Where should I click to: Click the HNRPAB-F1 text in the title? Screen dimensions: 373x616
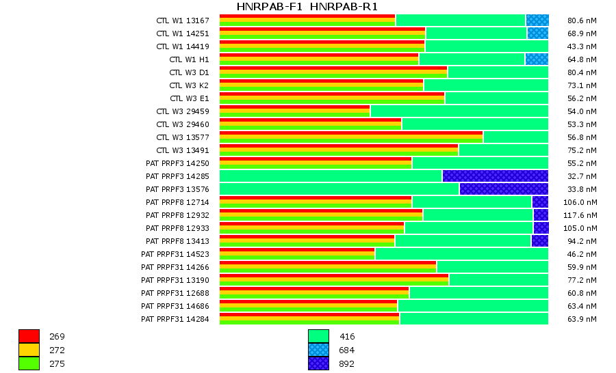point(270,7)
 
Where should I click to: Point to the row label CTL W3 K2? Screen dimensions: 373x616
point(189,85)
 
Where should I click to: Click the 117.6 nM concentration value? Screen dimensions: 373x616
point(582,215)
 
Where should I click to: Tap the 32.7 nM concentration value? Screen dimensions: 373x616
point(582,176)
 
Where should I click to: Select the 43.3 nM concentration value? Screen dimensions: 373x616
point(582,46)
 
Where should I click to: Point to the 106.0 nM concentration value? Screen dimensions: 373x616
point(582,202)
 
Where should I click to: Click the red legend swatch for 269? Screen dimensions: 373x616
point(29,336)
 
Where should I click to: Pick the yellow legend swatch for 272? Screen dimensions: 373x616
point(29,350)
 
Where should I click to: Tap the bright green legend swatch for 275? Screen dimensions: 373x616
point(29,363)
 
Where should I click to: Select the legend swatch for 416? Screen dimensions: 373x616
point(318,336)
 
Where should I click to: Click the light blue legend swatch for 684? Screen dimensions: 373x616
point(318,350)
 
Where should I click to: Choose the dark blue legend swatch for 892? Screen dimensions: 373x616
point(318,363)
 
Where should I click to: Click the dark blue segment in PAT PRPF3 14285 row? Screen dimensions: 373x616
point(495,176)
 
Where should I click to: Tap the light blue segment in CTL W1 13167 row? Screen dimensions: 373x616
point(537,20)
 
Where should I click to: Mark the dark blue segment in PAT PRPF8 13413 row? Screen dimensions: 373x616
point(539,241)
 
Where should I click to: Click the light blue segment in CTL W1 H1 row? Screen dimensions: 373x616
point(537,59)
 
